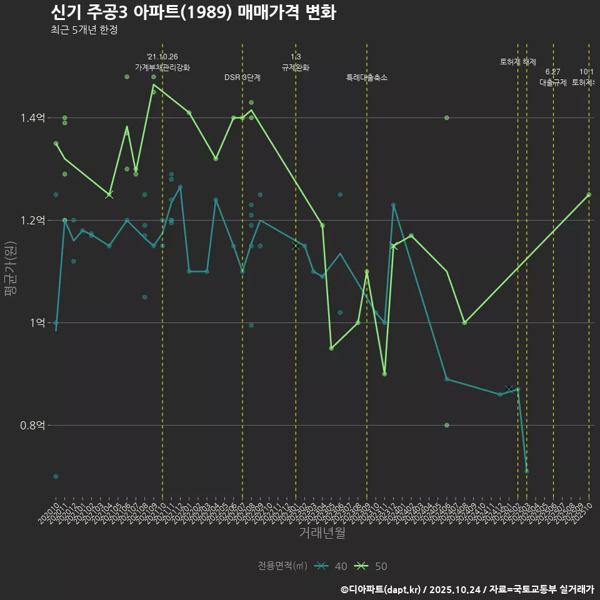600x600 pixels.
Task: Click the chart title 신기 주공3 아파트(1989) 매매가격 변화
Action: pyautogui.click(x=193, y=12)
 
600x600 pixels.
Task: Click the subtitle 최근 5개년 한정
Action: pyautogui.click(x=84, y=30)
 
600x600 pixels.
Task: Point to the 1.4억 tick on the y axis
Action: pyautogui.click(x=32, y=118)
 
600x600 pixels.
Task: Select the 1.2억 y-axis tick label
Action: pyautogui.click(x=32, y=221)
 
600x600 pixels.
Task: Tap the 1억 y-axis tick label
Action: pyautogui.click(x=36, y=323)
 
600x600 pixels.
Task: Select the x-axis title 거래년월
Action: pyautogui.click(x=322, y=532)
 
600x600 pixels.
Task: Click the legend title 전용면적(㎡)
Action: pyautogui.click(x=282, y=566)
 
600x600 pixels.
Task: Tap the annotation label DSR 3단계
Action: pyautogui.click(x=242, y=78)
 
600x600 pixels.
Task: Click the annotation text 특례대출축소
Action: pyautogui.click(x=367, y=78)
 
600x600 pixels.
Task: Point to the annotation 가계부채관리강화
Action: pyautogui.click(x=162, y=67)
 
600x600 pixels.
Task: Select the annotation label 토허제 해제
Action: pyautogui.click(x=517, y=62)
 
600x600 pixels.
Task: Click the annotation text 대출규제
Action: pyautogui.click(x=552, y=82)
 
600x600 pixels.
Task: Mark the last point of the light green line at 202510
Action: pyautogui.click(x=589, y=195)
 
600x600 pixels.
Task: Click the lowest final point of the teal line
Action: pyautogui.click(x=527, y=471)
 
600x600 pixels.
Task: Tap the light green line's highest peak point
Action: pyautogui.click(x=154, y=84)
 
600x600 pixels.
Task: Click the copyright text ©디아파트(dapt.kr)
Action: pyautogui.click(x=381, y=589)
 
